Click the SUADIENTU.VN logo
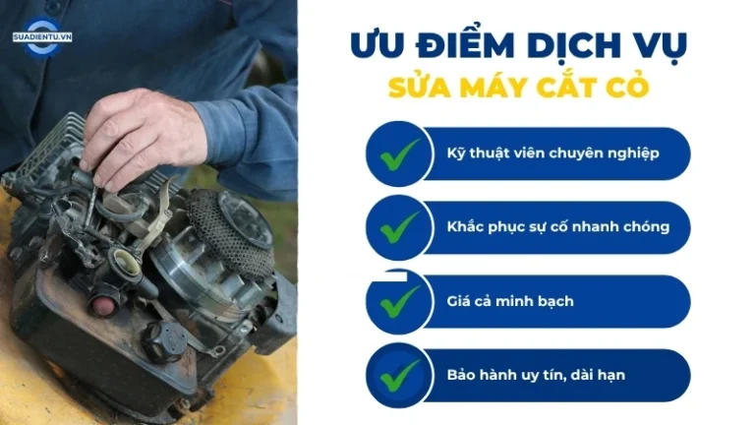[42, 37]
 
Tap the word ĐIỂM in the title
[466, 45]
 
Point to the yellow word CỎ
[627, 86]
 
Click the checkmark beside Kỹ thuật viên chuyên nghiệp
[400, 154]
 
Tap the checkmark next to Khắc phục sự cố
[400, 227]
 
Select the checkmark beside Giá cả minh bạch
[400, 302]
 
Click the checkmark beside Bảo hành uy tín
[400, 376]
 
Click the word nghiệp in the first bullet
[633, 153]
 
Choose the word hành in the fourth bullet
[495, 375]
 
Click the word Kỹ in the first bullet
[455, 153]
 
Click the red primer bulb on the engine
[101, 305]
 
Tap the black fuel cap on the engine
[165, 341]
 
